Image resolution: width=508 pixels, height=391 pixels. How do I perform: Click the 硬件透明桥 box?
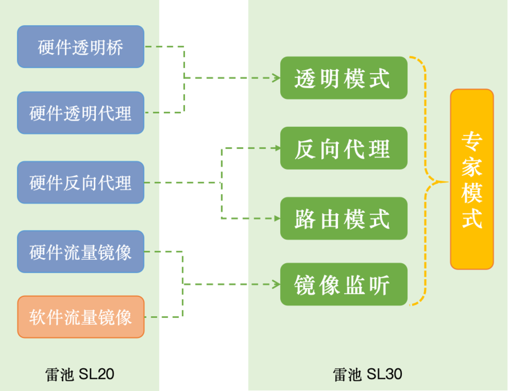[x=80, y=47]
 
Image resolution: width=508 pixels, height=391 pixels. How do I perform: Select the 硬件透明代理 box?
[x=80, y=112]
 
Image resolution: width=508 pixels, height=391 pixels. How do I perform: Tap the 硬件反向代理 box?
[x=80, y=183]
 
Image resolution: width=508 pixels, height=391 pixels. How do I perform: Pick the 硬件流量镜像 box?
[x=80, y=252]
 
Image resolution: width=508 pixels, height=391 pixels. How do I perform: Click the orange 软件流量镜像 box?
[x=80, y=317]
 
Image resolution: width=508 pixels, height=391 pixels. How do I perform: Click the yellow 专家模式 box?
[x=472, y=179]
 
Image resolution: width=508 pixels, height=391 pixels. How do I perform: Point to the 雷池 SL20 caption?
[x=80, y=374]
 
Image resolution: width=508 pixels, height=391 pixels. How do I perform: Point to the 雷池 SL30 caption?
[x=368, y=374]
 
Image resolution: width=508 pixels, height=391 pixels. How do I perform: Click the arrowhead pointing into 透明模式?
[x=277, y=78]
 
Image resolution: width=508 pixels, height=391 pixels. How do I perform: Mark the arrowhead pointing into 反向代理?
[x=277, y=148]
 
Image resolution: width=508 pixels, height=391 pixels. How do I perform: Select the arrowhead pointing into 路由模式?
[x=277, y=219]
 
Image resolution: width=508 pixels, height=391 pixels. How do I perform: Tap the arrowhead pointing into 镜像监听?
[x=277, y=284]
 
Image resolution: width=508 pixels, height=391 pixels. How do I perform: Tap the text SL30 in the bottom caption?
[x=384, y=374]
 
